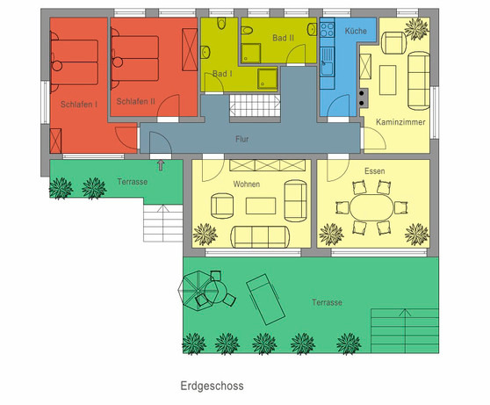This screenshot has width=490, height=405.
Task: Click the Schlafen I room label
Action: (79, 105)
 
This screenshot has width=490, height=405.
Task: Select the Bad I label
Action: (221, 75)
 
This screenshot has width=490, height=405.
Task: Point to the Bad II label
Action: (284, 39)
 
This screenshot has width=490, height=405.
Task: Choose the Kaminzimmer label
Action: (400, 121)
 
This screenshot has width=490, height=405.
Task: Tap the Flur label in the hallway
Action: (243, 139)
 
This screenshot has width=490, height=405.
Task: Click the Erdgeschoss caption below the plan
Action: (212, 386)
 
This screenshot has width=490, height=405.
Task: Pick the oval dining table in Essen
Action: (374, 211)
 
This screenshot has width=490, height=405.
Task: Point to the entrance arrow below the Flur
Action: (160, 164)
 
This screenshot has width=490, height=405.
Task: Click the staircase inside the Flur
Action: (254, 106)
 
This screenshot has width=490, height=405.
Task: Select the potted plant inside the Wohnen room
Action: (206, 234)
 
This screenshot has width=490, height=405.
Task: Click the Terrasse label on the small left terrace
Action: (132, 182)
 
